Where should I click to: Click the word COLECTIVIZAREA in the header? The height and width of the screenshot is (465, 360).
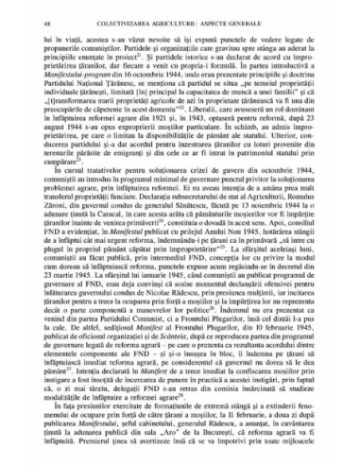(x=126, y=14)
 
